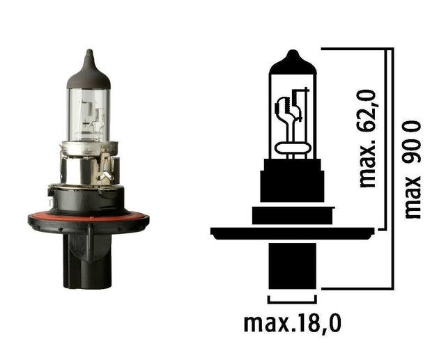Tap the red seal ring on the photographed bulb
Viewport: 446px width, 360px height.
coord(89,217)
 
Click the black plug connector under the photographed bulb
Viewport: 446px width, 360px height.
coord(87,261)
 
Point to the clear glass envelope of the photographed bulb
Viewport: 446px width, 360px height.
coord(89,115)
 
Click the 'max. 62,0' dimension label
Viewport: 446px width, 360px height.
coord(368,139)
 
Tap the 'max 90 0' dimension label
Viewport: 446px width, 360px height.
coord(412,169)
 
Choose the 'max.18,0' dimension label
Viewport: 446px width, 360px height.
coord(293,324)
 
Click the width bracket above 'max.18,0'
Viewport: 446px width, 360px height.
coord(292,302)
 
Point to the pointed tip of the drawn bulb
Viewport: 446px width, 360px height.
coord(293,52)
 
